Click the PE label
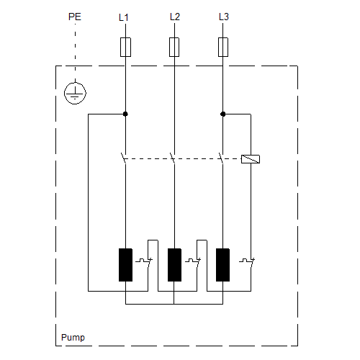[75, 17]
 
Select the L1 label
[124, 17]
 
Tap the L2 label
[175, 17]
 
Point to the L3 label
[224, 17]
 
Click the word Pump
[73, 338]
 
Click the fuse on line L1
[125, 47]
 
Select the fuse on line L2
[174, 47]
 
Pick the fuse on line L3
[223, 47]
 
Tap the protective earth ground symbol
[75, 94]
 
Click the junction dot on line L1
[125, 114]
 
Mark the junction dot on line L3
[222, 114]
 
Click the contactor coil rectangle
[251, 159]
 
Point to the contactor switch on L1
[124, 158]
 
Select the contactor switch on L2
[173, 158]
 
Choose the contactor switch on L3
[221, 158]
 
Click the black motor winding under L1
[125, 265]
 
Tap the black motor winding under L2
[174, 265]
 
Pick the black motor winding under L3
[222, 265]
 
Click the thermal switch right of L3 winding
[247, 262]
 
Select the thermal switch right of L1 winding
[144, 262]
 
